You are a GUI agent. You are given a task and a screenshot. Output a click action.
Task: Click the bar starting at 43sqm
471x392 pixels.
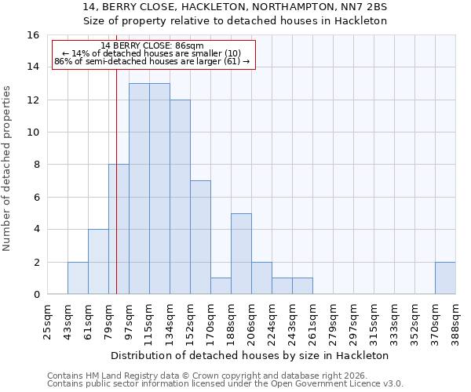[x=78, y=278]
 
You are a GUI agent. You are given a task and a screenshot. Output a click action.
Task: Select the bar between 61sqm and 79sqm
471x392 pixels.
[x=98, y=262]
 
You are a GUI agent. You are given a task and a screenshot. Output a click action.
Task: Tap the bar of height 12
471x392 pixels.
[x=180, y=197]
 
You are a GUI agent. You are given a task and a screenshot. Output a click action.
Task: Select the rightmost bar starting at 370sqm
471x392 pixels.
[x=445, y=278]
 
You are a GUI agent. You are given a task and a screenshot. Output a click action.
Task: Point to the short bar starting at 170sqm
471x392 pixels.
[x=221, y=286]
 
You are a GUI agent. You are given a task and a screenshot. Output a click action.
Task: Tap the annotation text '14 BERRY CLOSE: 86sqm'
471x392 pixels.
[x=152, y=46]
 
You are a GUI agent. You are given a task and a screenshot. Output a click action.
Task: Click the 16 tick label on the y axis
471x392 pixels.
[x=33, y=35]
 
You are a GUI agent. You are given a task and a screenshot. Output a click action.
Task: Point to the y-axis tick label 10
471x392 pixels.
[x=33, y=132]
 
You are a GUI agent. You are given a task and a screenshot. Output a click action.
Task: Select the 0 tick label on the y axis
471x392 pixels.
[x=36, y=295]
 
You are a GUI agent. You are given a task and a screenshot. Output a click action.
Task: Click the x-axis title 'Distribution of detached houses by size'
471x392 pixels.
[x=250, y=355]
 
